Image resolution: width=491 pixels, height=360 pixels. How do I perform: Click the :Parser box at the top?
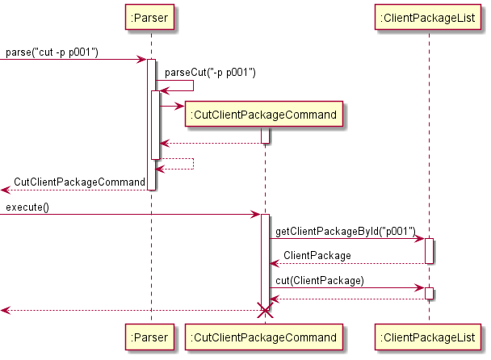click(x=150, y=15)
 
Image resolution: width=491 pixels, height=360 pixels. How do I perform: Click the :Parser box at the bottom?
click(x=150, y=337)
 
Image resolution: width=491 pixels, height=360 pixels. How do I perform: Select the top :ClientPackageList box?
click(x=430, y=15)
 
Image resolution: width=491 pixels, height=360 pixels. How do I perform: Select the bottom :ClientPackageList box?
click(x=430, y=337)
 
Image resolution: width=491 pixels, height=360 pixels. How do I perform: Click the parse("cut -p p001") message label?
click(x=52, y=52)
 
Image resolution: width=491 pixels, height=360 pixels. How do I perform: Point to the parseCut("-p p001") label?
click(x=210, y=73)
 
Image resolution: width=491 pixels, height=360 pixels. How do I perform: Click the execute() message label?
click(x=27, y=207)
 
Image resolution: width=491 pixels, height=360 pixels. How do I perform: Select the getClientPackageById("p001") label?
click(x=345, y=232)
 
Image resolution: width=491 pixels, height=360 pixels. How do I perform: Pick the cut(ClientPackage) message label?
click(x=320, y=280)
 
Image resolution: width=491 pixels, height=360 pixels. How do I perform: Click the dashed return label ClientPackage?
click(x=317, y=256)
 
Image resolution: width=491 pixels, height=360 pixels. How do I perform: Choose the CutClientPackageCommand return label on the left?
click(x=79, y=182)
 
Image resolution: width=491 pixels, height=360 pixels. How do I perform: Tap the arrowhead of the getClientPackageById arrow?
click(x=421, y=239)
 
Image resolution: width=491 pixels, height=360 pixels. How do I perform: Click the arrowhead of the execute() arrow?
click(x=256, y=215)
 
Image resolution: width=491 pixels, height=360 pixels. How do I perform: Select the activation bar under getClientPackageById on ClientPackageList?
click(x=430, y=250)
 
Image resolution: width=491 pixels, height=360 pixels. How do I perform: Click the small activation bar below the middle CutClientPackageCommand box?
click(x=265, y=136)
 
